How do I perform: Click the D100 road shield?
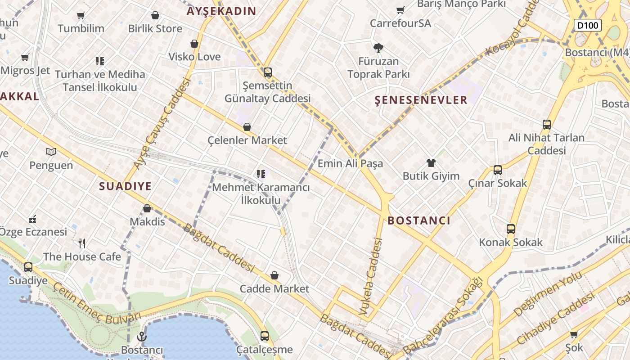click(588, 25)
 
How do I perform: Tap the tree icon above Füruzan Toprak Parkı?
click(378, 48)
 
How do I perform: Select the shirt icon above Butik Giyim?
click(431, 163)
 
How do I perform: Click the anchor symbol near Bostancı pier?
click(142, 336)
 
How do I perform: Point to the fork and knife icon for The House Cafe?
click(82, 243)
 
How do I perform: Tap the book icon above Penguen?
click(51, 152)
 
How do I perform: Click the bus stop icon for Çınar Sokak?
click(497, 170)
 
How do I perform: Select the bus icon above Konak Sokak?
click(510, 229)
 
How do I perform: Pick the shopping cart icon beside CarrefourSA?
click(400, 10)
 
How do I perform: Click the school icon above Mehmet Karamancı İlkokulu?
click(261, 174)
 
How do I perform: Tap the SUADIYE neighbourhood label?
click(125, 186)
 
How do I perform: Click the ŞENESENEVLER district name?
click(421, 100)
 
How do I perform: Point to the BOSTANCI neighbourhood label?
click(418, 220)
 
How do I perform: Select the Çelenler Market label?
click(247, 140)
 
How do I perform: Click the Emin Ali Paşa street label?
click(350, 163)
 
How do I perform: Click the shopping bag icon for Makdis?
click(147, 208)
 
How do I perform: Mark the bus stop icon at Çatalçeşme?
click(265, 336)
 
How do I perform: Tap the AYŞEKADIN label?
click(221, 11)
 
